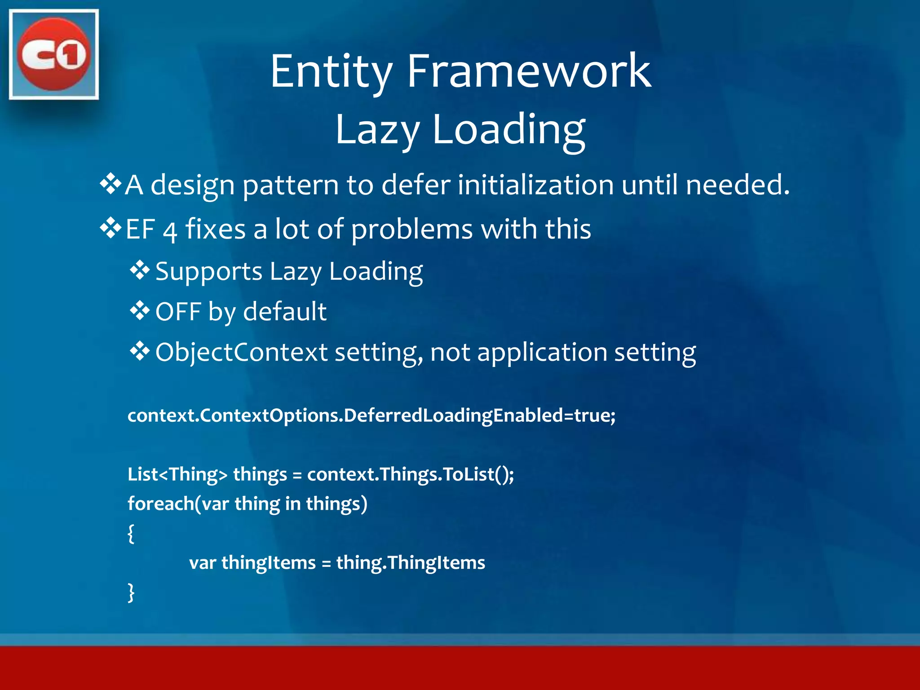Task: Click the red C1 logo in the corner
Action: pos(53,54)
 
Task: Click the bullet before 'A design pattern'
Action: pos(111,184)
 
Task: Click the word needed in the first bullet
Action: pos(737,185)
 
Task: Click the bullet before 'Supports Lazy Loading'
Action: pos(140,270)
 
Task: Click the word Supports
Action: pos(208,272)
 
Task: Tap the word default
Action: pos(285,312)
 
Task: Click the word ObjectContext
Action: pos(241,352)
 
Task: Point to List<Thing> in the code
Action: pos(177,475)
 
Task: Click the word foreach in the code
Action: pos(160,504)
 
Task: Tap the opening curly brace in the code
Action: pos(131,533)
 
